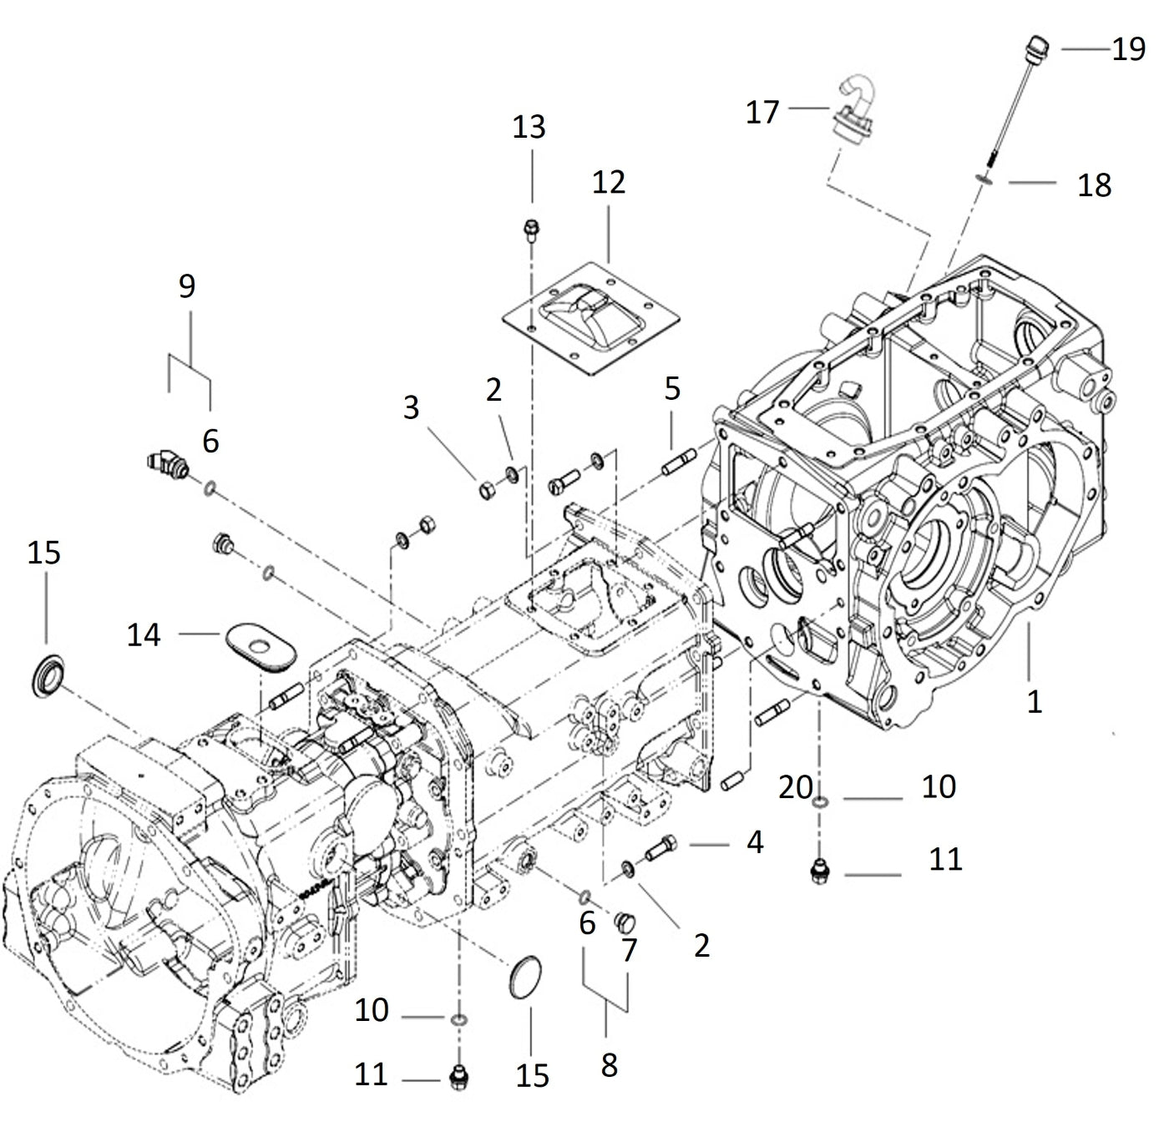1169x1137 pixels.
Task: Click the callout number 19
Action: (1128, 49)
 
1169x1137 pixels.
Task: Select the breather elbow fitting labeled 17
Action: (854, 109)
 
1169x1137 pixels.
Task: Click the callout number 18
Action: (1093, 184)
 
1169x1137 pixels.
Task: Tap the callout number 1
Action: (1034, 701)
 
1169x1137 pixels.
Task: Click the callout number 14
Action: (143, 634)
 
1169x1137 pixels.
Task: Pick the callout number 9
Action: (187, 286)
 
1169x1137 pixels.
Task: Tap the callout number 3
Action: (411, 407)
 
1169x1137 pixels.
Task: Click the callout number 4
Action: (754, 842)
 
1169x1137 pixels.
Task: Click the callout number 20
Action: (795, 786)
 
